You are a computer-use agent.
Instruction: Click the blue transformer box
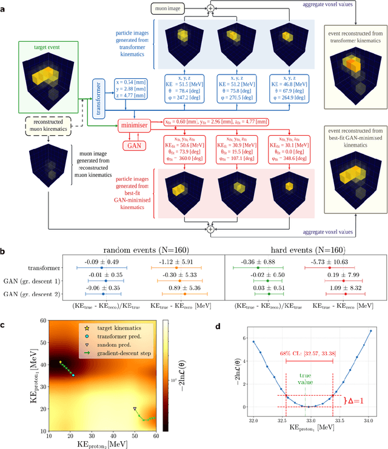click(x=99, y=96)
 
